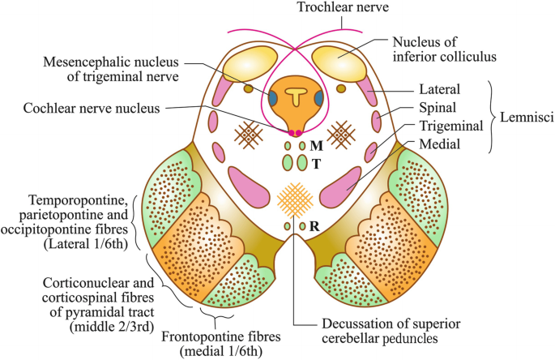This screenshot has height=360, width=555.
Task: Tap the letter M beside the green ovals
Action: pos(316,146)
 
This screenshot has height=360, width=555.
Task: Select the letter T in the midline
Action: pos(316,164)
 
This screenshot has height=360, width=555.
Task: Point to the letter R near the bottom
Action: pos(314,226)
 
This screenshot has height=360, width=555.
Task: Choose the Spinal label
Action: pos(443,108)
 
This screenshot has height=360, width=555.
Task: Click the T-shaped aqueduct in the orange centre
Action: pos(295,95)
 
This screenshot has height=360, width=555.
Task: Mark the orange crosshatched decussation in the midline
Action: pos(293,198)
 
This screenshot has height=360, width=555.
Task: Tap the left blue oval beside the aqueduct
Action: pos(274,98)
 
